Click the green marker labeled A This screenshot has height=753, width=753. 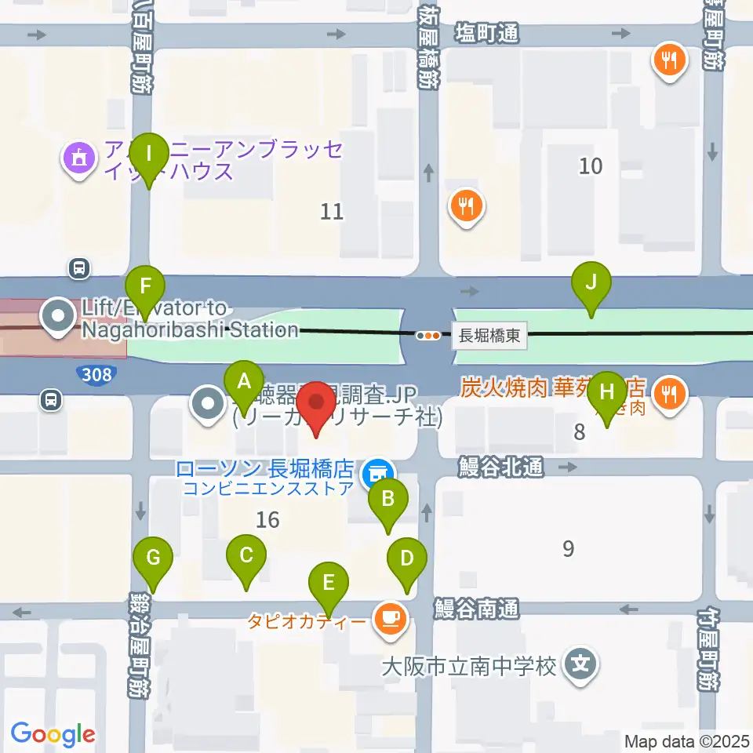pyautogui.click(x=244, y=384)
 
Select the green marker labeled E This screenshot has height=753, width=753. pyautogui.click(x=329, y=584)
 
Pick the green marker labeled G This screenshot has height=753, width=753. pyautogui.click(x=153, y=559)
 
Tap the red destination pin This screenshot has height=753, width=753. pyautogui.click(x=317, y=403)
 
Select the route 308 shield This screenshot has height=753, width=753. pyautogui.click(x=96, y=375)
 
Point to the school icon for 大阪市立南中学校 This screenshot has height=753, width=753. pyautogui.click(x=581, y=666)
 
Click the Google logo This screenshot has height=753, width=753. pyautogui.click(x=53, y=734)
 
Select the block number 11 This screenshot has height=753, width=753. pyautogui.click(x=333, y=211)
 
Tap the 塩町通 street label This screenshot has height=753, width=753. pyautogui.click(x=487, y=33)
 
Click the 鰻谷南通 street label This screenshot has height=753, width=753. pyautogui.click(x=477, y=608)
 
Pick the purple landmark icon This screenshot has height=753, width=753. pyautogui.click(x=79, y=161)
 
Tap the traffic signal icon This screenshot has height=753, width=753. pyautogui.click(x=428, y=336)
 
